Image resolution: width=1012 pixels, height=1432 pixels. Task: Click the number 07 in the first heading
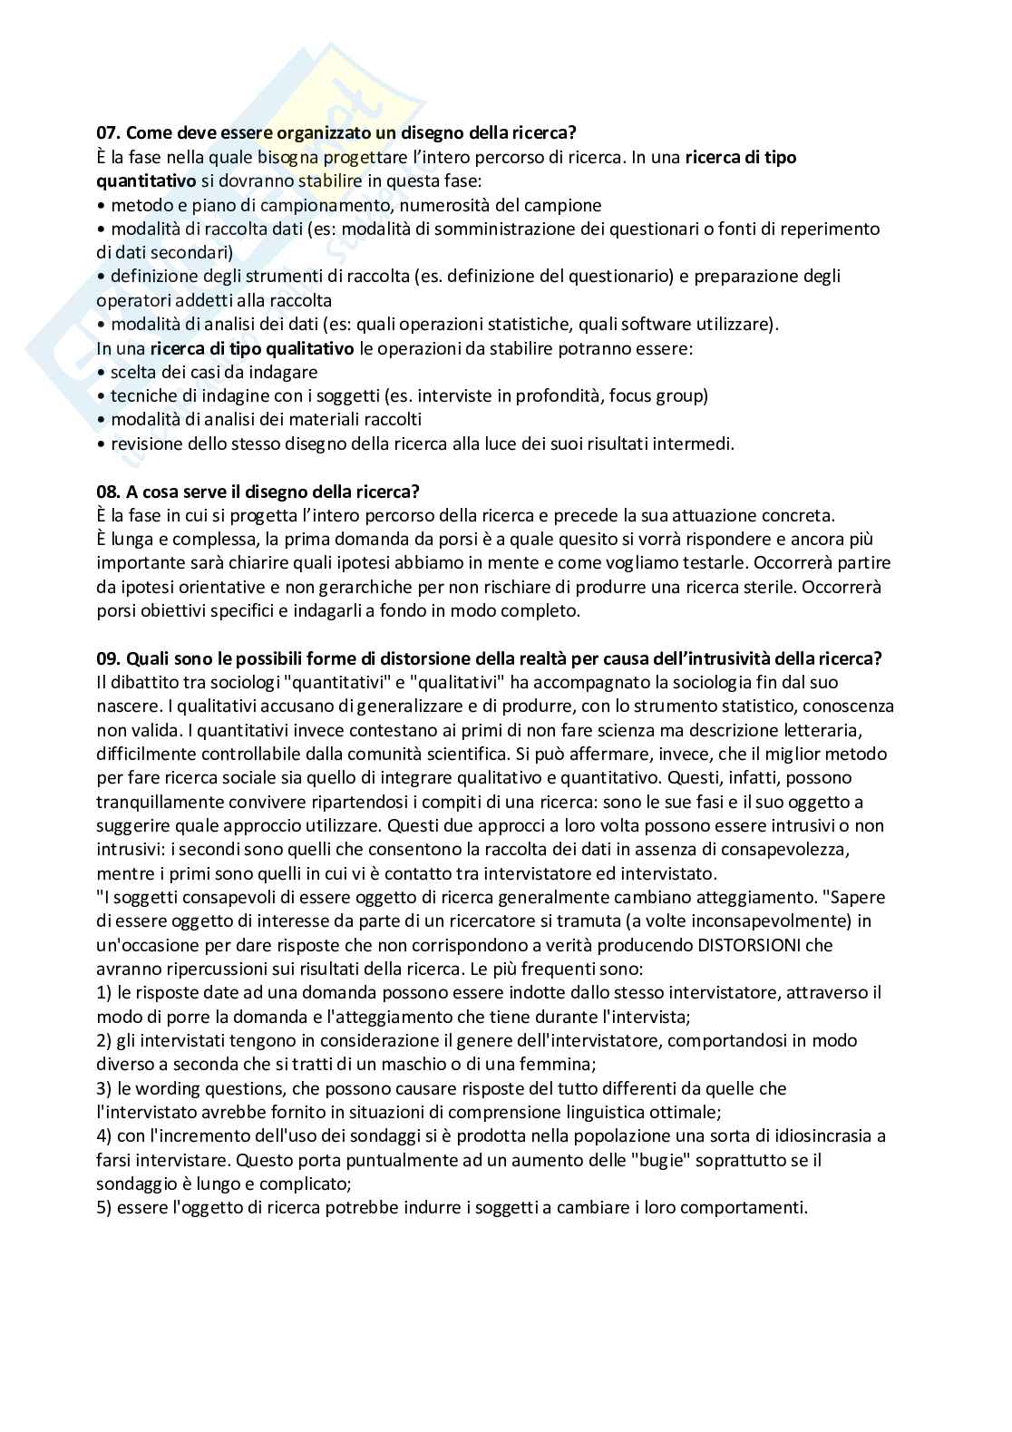coord(108,132)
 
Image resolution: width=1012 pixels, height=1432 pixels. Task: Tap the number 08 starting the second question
coord(108,492)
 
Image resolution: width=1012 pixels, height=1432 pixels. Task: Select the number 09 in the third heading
coord(108,658)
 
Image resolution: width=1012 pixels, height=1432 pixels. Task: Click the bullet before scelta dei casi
coord(101,373)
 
